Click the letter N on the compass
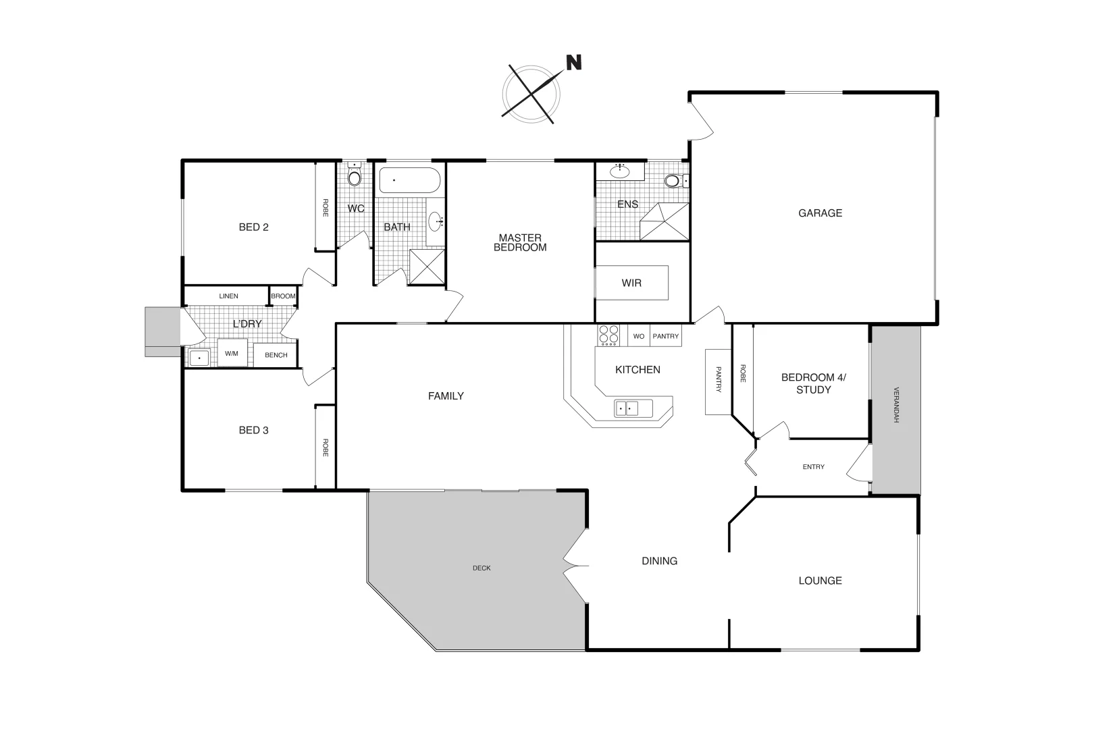573,63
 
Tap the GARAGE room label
820,213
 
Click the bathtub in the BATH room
409,181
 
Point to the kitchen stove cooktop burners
608,335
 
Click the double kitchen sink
627,408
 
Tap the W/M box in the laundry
232,353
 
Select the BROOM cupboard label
283,296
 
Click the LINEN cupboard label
228,296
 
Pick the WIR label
631,283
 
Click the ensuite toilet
674,181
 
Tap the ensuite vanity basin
619,171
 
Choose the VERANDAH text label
895,405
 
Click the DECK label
481,568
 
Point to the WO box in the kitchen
638,336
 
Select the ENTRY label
813,467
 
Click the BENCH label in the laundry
276,355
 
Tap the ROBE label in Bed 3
325,448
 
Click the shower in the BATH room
427,267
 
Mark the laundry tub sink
199,358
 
